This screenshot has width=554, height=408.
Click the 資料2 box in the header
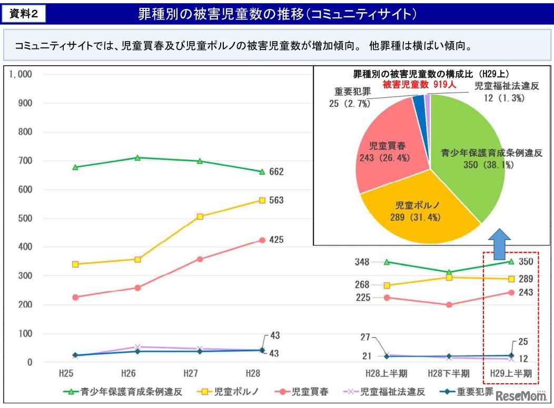coord(24,14)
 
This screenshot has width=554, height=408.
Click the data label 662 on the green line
coord(276,172)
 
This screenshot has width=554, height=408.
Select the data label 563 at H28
coord(276,200)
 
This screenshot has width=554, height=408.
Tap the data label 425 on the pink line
coord(276,240)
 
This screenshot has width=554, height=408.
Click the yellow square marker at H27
coord(200,216)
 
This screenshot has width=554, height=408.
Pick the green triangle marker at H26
coord(137,157)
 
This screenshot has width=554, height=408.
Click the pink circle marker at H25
coord(75,297)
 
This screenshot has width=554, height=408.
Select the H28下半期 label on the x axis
coord(449,373)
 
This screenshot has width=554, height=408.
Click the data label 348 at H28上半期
coord(362,262)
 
